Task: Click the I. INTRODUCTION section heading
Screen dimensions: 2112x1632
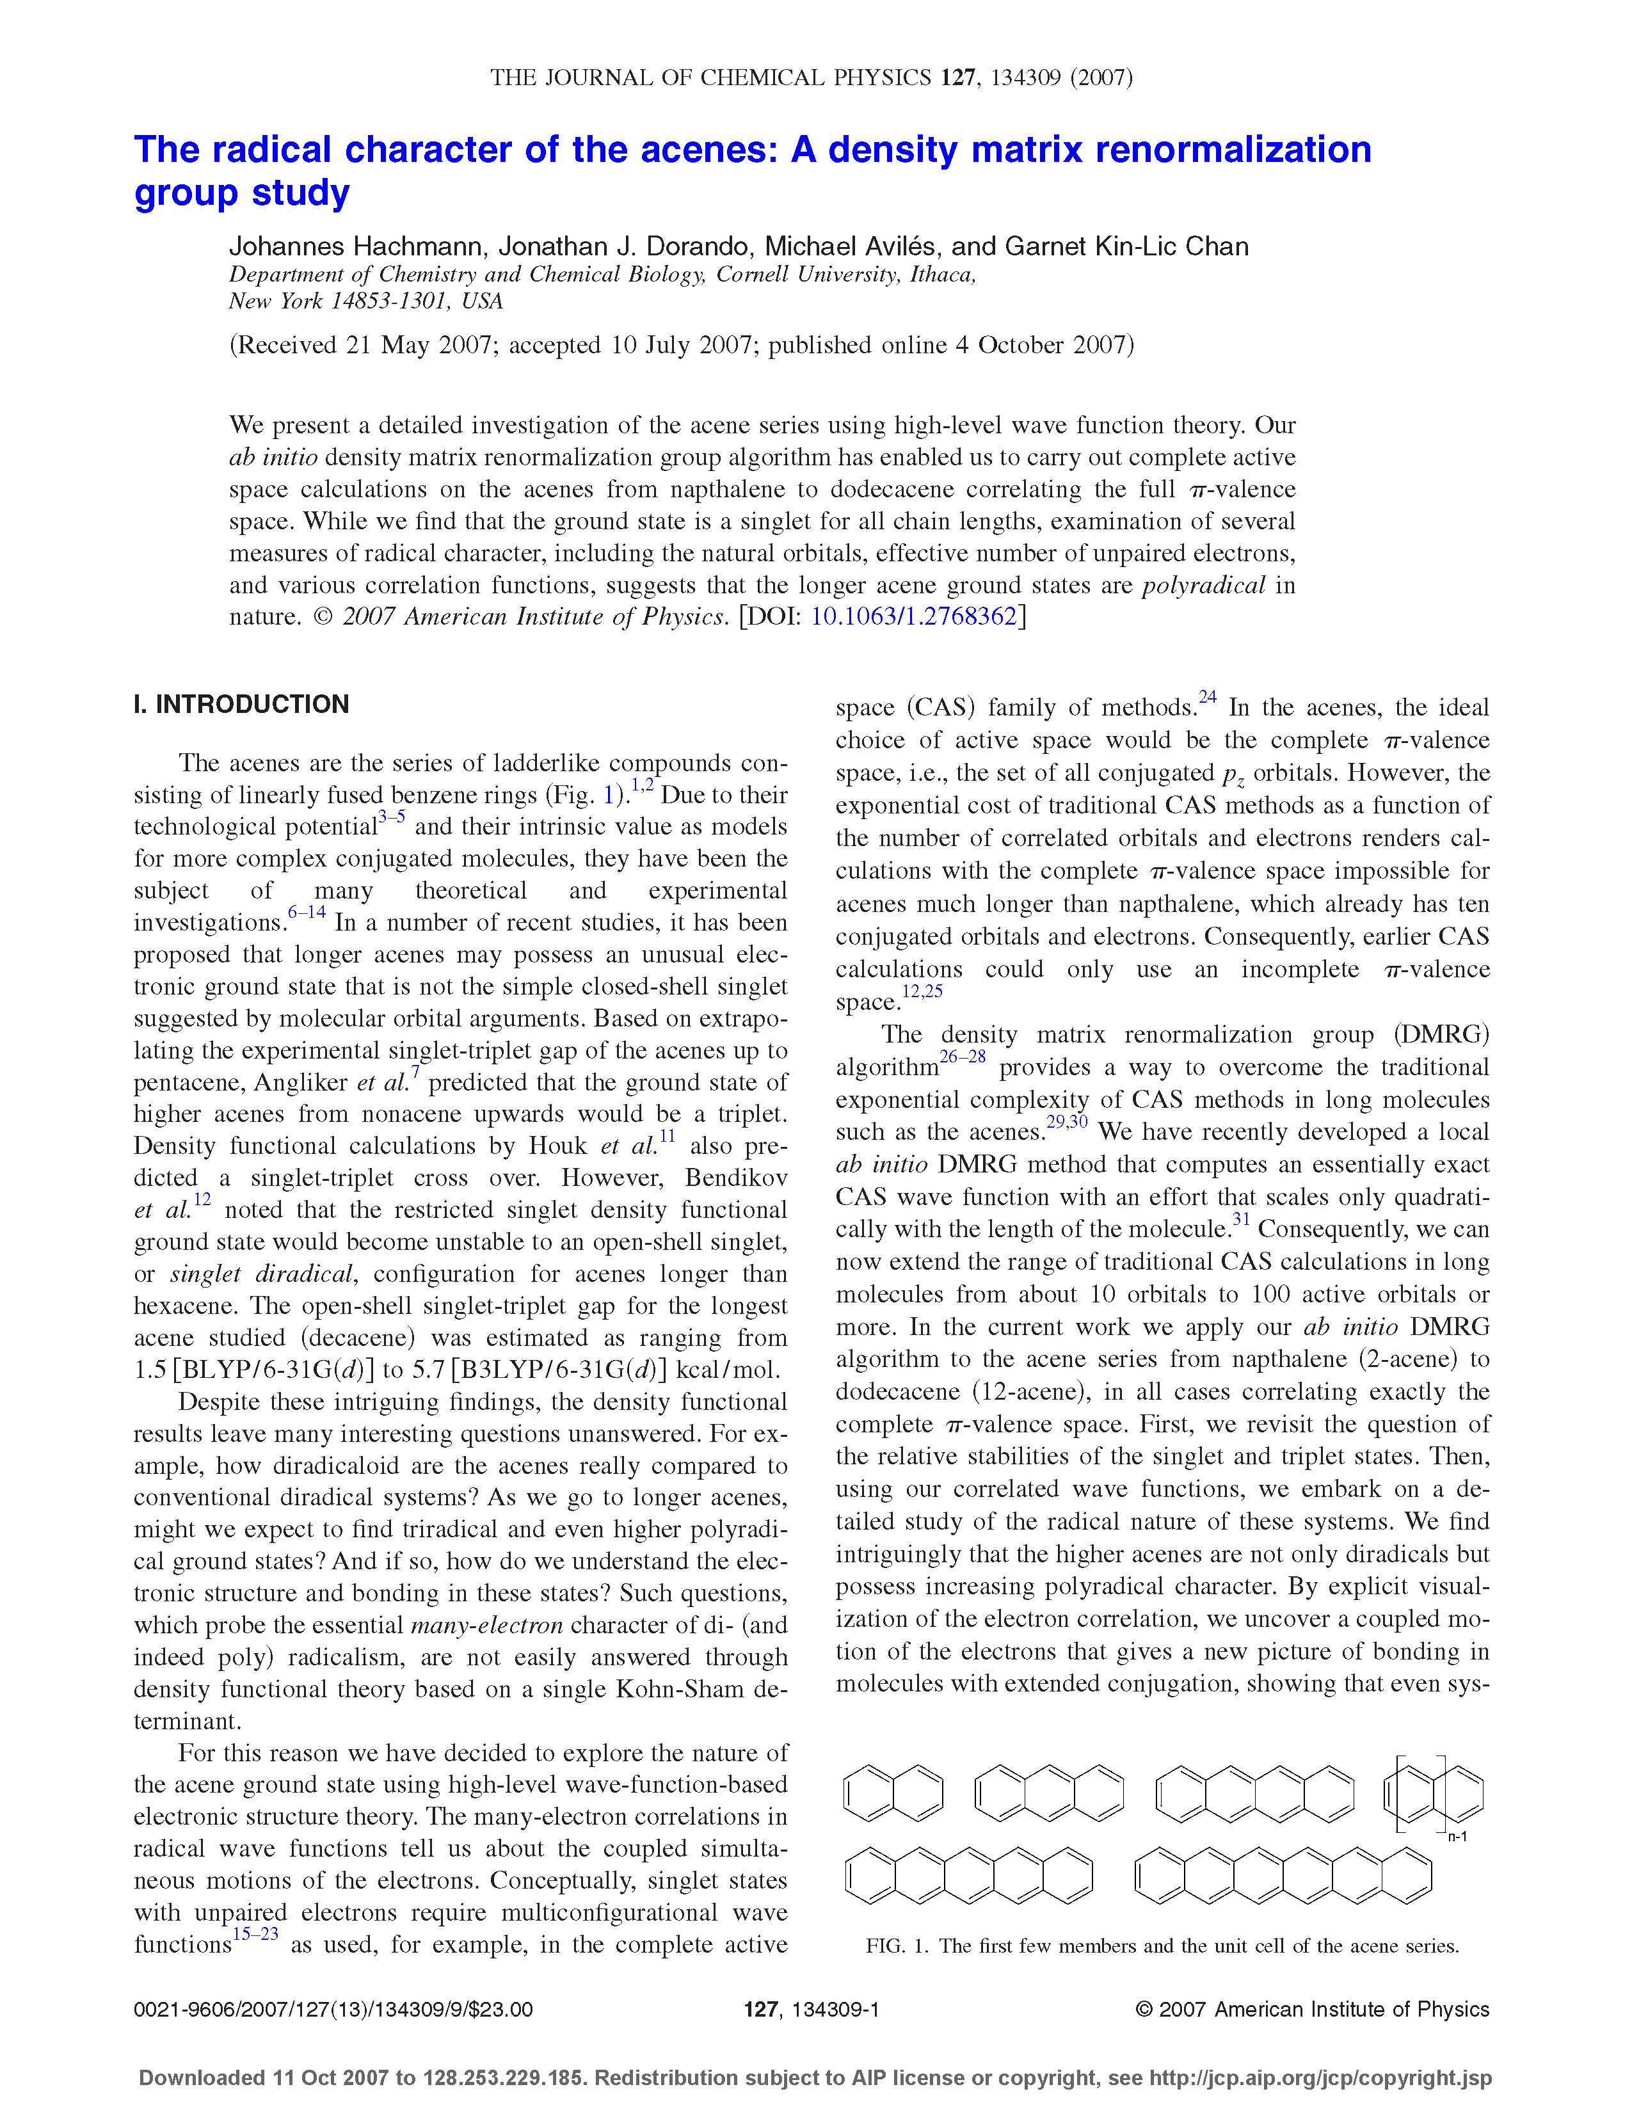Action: pos(241,704)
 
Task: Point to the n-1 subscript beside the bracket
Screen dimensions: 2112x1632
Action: pos(1457,1836)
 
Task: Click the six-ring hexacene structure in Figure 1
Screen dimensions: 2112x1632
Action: pos(1282,1875)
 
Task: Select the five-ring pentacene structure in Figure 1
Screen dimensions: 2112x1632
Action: pos(969,1875)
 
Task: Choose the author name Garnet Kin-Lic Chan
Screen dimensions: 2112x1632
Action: pos(1126,246)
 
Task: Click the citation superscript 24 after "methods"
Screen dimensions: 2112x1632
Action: pos(1208,696)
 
